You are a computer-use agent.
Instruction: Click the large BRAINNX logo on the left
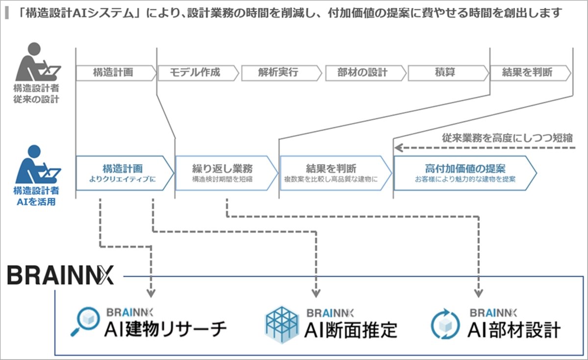pyautogui.click(x=60, y=275)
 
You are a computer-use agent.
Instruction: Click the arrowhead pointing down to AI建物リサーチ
pyautogui.click(x=151, y=293)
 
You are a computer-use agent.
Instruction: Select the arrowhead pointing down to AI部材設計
pyautogui.click(x=477, y=293)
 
